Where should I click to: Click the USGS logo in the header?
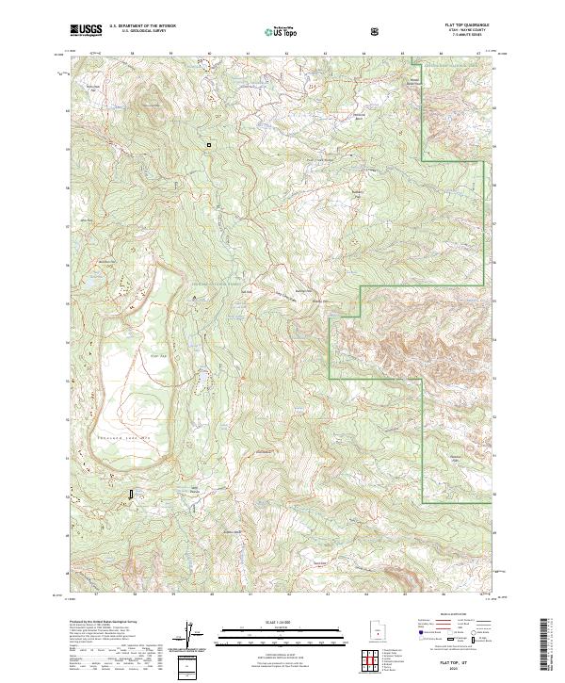86,30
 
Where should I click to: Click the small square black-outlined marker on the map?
209,145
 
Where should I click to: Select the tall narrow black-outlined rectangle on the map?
131,493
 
